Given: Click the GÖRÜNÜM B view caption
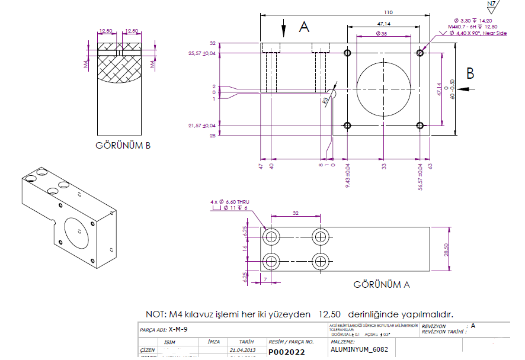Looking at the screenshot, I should [x=123, y=146].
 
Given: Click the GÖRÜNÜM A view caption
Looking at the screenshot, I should [x=381, y=284].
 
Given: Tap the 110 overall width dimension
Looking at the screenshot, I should [x=388, y=12].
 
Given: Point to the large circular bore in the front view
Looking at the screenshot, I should [x=383, y=89].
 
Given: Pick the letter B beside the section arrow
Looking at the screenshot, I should [x=470, y=73].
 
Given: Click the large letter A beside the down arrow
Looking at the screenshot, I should [x=304, y=27].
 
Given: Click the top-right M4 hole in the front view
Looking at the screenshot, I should [x=420, y=53].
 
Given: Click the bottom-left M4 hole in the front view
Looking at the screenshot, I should [x=347, y=126].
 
